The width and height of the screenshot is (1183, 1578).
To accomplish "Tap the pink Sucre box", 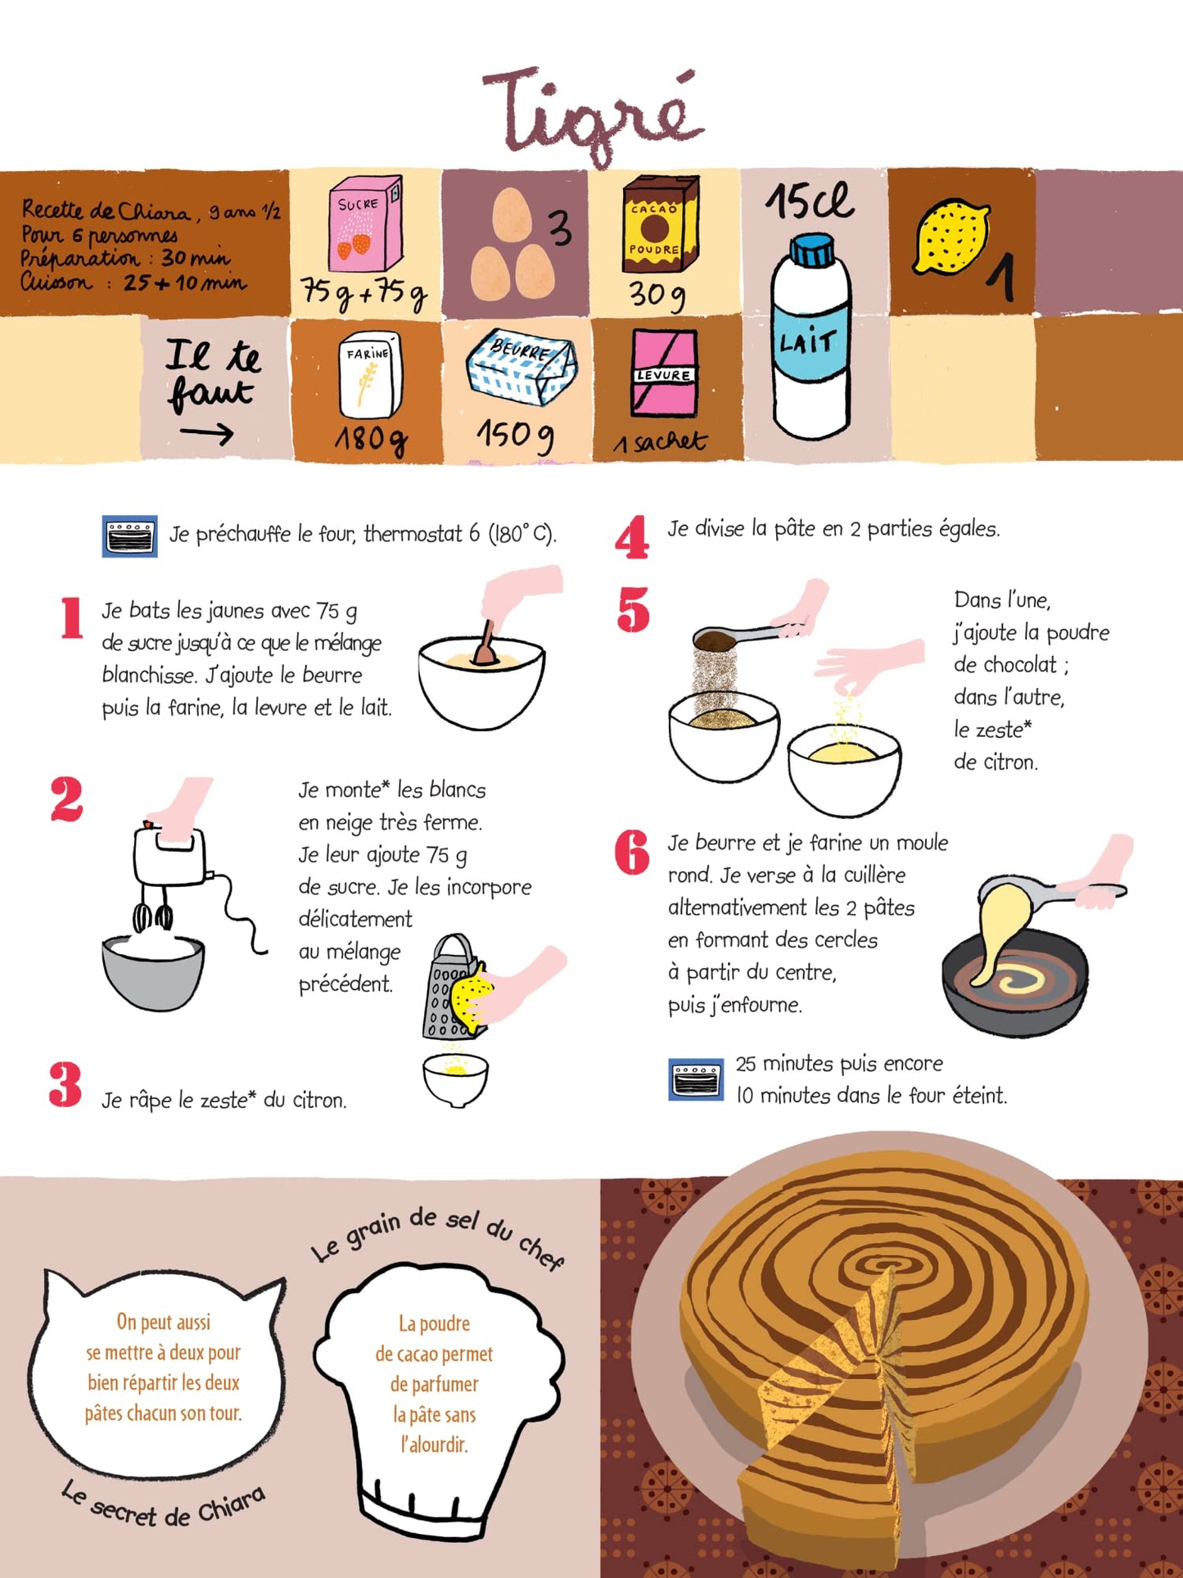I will pos(364,223).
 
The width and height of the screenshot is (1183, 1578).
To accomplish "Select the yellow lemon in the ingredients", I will pos(951,237).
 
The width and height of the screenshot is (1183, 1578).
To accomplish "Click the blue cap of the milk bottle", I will pos(812,250).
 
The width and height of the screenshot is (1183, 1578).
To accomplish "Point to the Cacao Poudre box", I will pos(659,227).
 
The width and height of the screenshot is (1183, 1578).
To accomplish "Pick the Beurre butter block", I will pos(522,368).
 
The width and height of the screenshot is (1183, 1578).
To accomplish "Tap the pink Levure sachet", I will pos(664,373).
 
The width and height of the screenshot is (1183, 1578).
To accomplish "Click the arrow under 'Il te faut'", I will pos(206,434).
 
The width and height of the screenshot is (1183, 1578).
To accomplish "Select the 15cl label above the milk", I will pos(809,201).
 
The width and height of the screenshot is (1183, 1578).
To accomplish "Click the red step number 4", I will pos(632,538).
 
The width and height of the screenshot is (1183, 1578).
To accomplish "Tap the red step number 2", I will pos(66,799).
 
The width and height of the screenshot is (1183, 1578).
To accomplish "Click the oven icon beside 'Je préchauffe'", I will pos(129,537).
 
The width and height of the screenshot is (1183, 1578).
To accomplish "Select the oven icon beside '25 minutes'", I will pos(696,1079).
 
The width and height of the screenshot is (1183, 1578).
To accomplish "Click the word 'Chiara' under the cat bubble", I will pos(231,1505).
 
